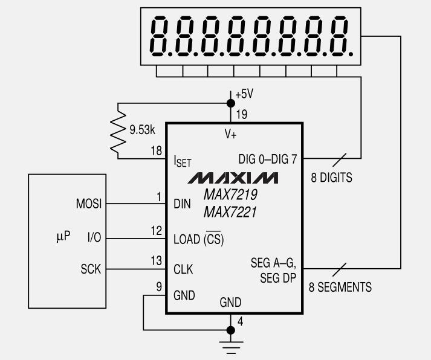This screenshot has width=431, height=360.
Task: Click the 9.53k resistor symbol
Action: tap(118, 132)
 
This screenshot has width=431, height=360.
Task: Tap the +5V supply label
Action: tap(244, 94)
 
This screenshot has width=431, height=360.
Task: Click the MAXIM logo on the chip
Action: tap(233, 178)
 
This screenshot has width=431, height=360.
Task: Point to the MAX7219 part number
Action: tap(230, 194)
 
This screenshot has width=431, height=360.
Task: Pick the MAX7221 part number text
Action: tap(230, 212)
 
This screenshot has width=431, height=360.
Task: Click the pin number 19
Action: tap(242, 114)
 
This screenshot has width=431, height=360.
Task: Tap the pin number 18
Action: tap(157, 151)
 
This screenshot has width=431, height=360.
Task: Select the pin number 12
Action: tap(157, 231)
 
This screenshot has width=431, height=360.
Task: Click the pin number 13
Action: tap(157, 260)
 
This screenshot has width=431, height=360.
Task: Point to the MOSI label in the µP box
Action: tap(89, 204)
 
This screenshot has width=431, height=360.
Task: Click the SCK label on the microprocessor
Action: tap(91, 269)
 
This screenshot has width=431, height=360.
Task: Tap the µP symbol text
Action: tap(63, 236)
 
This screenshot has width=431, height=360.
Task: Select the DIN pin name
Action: tap(182, 204)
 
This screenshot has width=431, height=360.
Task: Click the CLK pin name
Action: tap(183, 269)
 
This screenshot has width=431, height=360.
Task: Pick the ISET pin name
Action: tap(183, 161)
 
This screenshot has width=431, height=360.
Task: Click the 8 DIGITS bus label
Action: tap(331, 178)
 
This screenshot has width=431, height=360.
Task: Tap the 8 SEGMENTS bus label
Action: tap(340, 287)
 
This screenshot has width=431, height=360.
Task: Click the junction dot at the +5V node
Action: tap(231, 103)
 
